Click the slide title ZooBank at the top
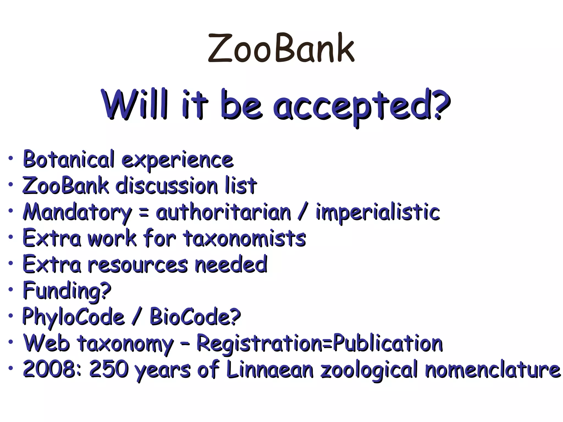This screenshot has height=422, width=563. (281, 48)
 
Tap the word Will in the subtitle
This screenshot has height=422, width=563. (135, 104)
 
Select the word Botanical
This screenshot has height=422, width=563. (68, 159)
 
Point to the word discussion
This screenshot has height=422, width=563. (167, 186)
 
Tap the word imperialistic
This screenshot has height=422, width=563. (378, 212)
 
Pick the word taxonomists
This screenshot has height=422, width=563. (245, 238)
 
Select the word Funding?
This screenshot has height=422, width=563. (67, 291)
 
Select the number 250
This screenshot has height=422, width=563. (109, 369)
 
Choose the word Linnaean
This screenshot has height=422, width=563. (270, 369)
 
